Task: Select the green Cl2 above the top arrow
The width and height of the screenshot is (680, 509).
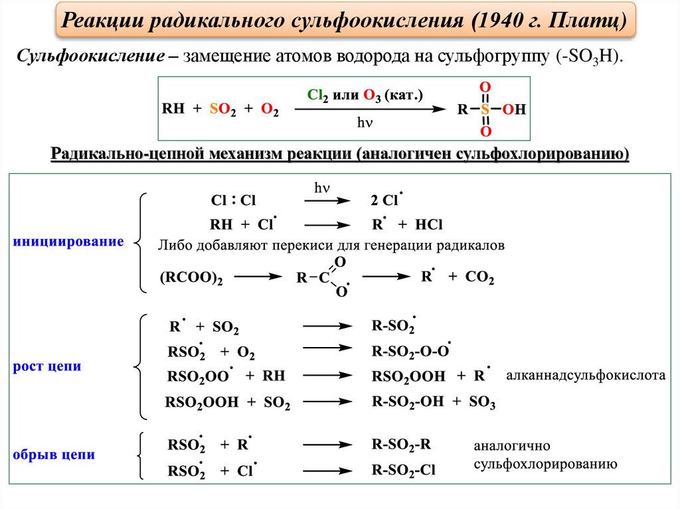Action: [x=319, y=95]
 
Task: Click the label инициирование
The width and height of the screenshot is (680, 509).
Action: [x=68, y=242]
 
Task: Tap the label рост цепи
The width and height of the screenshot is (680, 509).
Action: [x=47, y=366]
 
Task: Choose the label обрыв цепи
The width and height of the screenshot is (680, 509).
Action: [x=54, y=455]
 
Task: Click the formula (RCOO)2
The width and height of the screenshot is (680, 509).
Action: [x=191, y=279]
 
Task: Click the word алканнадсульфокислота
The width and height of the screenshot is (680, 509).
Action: [x=585, y=376]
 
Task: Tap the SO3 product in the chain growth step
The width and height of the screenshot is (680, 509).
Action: [x=483, y=401]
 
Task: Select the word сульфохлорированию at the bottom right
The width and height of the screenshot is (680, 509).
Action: [x=545, y=464]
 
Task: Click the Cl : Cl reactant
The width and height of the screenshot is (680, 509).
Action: [x=233, y=200]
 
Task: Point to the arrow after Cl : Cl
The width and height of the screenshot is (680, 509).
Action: [x=323, y=200]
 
